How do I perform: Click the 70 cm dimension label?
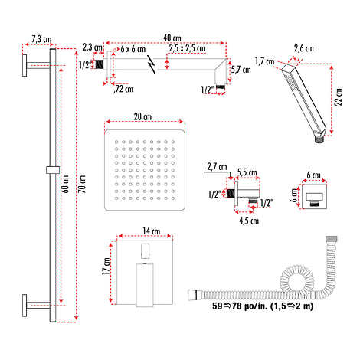click(x=82, y=184)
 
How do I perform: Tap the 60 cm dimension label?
click(x=65, y=184)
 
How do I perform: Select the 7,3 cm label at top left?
click(x=41, y=39)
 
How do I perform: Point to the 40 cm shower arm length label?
click(x=172, y=38)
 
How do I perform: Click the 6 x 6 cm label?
click(x=133, y=49)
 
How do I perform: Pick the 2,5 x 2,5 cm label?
click(x=187, y=48)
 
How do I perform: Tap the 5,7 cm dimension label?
click(x=241, y=70)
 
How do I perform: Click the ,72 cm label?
click(x=123, y=89)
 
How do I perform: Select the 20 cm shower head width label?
click(x=142, y=116)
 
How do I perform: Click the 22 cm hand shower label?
click(x=338, y=97)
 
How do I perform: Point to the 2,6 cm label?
click(x=304, y=48)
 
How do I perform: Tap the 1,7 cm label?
click(x=265, y=61)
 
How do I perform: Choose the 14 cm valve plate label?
click(x=152, y=231)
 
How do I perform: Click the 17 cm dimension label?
click(x=106, y=266)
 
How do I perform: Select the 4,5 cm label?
click(x=249, y=221)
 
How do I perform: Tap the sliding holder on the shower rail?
click(x=53, y=170)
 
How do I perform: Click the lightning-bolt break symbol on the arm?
click(x=152, y=64)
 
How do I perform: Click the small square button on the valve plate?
click(x=145, y=250)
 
